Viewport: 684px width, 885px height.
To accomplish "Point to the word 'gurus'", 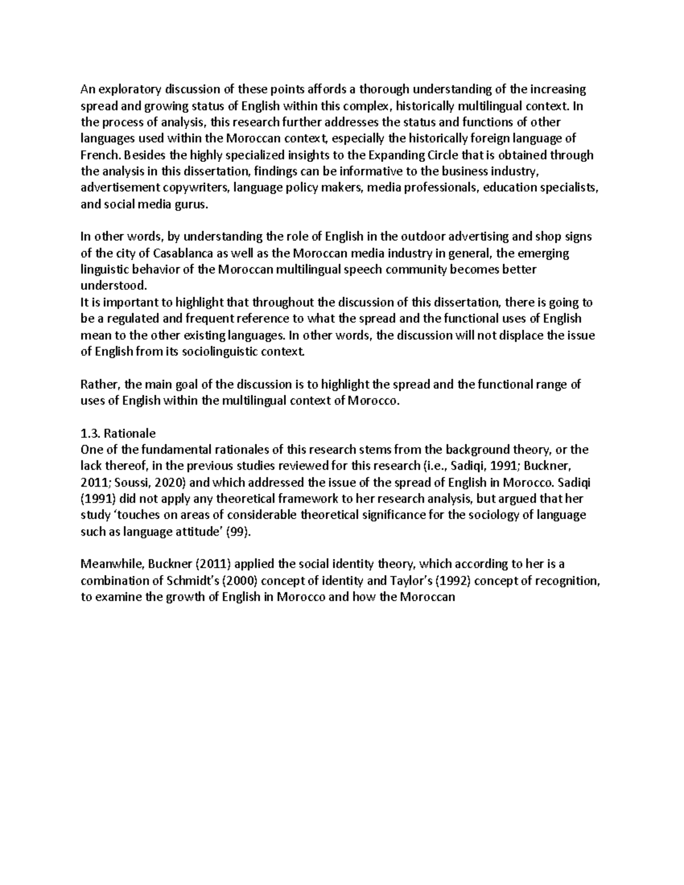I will click(x=188, y=205).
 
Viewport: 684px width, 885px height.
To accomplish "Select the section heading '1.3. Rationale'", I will click(x=118, y=433).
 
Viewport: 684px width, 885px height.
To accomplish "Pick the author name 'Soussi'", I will click(x=131, y=483).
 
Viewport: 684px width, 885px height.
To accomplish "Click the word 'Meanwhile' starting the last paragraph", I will click(x=112, y=565).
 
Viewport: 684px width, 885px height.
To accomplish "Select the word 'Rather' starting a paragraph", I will click(x=97, y=384).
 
